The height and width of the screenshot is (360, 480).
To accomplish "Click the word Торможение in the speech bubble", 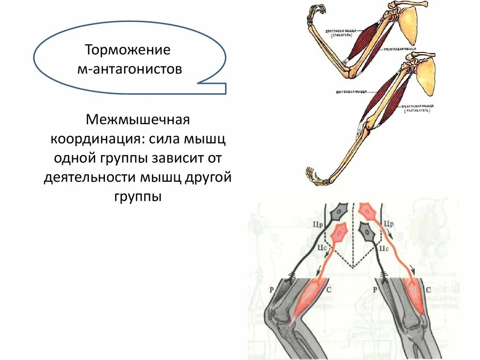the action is [x=127, y=50].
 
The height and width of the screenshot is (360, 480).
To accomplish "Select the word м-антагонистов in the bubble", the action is [x=129, y=70].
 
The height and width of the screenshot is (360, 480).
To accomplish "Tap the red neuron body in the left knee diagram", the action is [x=338, y=233].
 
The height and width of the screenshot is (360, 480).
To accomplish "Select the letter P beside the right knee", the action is [x=374, y=290].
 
